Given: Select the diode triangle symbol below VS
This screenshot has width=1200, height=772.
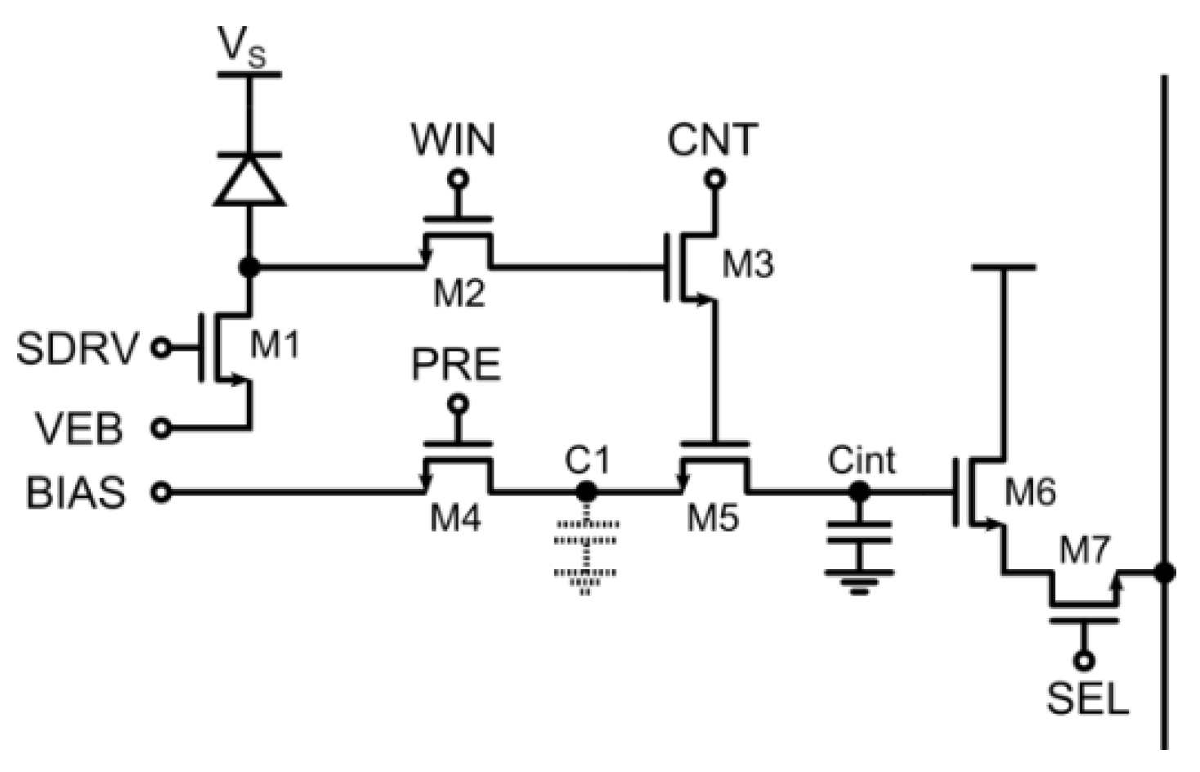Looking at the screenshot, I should click(249, 180).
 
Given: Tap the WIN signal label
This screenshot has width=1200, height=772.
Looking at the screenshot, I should click(453, 140).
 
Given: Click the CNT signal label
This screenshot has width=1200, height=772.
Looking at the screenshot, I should click(712, 140).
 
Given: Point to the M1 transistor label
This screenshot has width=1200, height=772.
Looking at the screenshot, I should click(275, 345).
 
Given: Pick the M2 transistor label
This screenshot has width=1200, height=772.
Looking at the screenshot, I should click(459, 292).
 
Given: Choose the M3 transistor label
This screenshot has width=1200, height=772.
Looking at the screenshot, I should click(748, 264).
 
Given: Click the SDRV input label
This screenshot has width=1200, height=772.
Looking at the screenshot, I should click(78, 349).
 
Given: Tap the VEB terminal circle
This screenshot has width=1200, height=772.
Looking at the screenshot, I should click(163, 427).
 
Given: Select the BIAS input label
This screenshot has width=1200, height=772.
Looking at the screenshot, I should click(77, 493).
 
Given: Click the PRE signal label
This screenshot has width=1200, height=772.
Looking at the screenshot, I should click(455, 365).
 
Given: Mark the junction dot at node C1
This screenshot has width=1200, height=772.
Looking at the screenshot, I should click(585, 491).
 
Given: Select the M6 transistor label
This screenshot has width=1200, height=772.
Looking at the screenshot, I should click(1030, 492).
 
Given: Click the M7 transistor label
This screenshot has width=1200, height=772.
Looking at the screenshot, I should click(1084, 551).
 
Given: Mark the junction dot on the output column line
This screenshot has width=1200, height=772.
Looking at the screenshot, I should click(1164, 572).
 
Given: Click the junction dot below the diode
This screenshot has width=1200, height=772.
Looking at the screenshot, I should click(249, 267).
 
